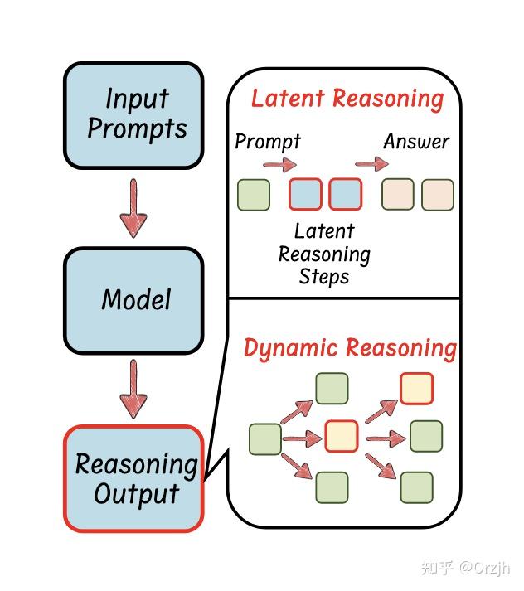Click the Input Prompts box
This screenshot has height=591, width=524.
point(133,114)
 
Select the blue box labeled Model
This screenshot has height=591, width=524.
point(133,299)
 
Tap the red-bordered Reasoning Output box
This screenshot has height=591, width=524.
point(133,478)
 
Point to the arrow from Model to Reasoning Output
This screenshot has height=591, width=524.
point(133,390)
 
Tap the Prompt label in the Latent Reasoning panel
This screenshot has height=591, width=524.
point(267,142)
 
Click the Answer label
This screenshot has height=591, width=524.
point(415,142)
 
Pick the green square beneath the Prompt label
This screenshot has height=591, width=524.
point(254,195)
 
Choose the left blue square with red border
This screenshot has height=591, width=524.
point(305,195)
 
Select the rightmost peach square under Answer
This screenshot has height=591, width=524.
point(438,195)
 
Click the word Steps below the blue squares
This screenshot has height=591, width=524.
point(323,277)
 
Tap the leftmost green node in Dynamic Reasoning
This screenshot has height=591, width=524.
point(265,438)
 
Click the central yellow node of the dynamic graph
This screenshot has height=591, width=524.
point(341,435)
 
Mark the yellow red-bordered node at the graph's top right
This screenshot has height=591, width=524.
point(416,388)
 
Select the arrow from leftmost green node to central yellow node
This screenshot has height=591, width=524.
point(302,437)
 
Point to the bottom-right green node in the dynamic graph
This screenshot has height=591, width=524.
point(416,487)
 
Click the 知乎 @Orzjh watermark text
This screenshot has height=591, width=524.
point(465,568)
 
